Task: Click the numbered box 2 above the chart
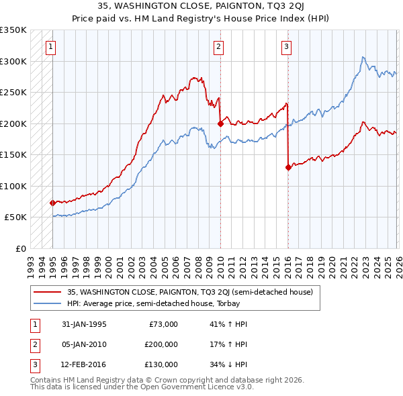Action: coord(219,47)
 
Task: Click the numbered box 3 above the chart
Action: coord(287,47)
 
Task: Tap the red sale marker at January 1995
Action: coord(52,202)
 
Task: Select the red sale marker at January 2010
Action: coord(220,123)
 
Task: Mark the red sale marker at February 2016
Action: coord(287,167)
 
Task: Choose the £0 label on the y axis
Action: coord(20,248)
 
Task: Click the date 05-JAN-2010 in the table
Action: coord(84,344)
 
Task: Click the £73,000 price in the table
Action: coord(162,324)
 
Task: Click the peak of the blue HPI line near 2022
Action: coord(363,58)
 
